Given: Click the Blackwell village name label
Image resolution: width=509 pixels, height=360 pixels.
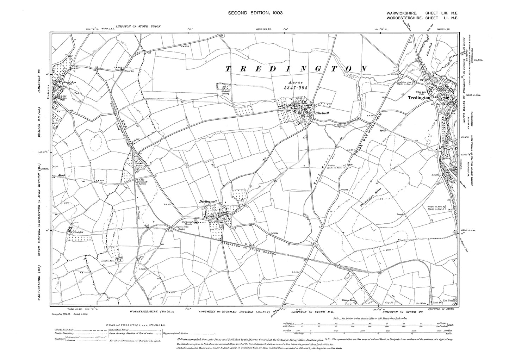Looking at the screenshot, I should (322, 113).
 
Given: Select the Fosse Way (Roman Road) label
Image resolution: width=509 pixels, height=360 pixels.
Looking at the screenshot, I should (366, 134).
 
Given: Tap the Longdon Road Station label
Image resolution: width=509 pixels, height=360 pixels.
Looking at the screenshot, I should (178, 228).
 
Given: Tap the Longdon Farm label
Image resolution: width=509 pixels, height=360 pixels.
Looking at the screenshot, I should (109, 261).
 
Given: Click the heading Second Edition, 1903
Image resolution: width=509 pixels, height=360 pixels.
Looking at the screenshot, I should (254, 13).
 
